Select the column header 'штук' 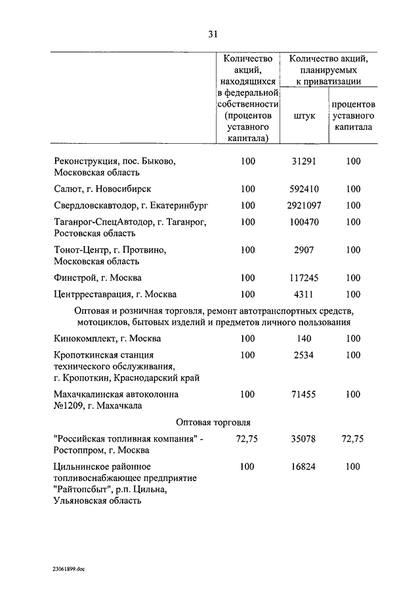tap(303, 115)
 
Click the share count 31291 tap(303, 161)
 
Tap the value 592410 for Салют tap(303, 189)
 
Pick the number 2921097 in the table tap(303, 205)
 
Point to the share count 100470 tap(303, 222)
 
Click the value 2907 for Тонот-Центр tap(303, 250)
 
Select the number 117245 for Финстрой tap(303, 278)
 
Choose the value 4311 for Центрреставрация tap(303, 295)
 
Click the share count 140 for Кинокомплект tap(303, 339)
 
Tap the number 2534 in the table tap(303, 355)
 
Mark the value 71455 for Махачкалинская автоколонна tap(303, 394)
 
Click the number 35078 tap(303, 439)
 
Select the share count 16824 tap(303, 467)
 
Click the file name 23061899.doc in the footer tap(70, 569)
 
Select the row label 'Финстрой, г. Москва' tap(97, 278)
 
